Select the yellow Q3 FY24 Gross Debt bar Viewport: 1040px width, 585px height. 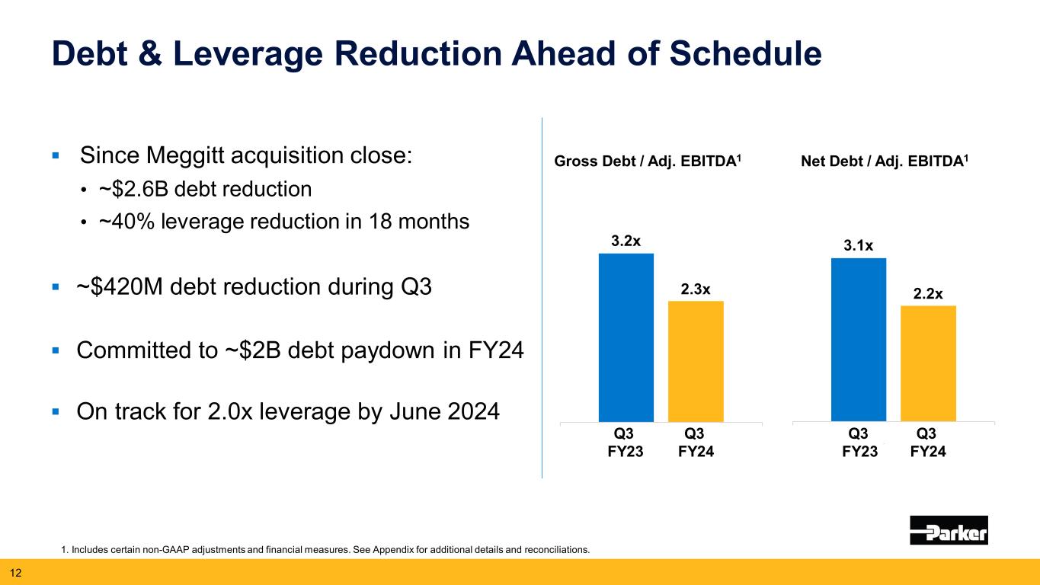pos(696,361)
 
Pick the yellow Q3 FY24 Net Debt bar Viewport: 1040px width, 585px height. pos(928,363)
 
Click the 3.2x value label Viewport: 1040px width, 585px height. pos(626,241)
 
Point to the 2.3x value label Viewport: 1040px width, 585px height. pos(696,289)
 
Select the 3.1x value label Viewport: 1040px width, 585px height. pos(859,245)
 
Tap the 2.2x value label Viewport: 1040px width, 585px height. pos(928,293)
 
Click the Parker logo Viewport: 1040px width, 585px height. pos(949,530)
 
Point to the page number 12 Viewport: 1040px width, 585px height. pos(15,572)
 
